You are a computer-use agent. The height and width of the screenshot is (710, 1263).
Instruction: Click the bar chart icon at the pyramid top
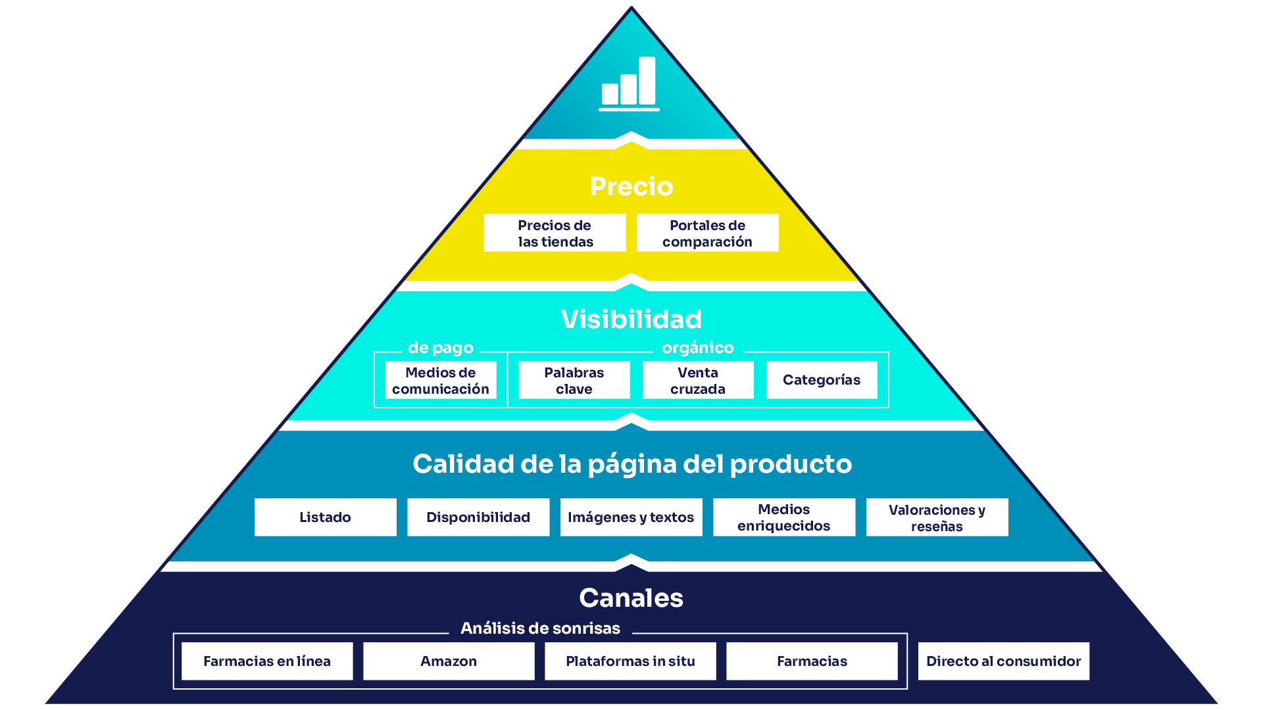(629, 83)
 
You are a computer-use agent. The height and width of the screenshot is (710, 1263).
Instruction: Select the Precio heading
(631, 187)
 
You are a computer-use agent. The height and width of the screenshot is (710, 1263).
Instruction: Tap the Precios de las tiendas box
(555, 233)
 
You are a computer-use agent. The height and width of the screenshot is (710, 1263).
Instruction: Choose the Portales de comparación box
(707, 233)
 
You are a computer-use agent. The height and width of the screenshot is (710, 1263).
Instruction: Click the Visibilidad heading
(631, 319)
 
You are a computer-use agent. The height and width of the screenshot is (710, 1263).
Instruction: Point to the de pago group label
(440, 348)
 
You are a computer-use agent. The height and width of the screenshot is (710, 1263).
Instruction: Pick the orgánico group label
(697, 348)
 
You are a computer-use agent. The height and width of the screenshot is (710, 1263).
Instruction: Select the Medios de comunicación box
(440, 380)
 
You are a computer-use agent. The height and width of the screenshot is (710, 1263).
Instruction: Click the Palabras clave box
(574, 380)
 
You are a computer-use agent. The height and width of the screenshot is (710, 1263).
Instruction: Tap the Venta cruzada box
(697, 380)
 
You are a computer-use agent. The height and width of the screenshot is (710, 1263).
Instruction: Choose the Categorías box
(821, 380)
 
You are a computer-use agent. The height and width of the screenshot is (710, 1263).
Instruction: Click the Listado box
(325, 517)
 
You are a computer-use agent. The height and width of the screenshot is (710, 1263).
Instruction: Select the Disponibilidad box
(478, 517)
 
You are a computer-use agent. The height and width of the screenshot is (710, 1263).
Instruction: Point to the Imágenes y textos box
(631, 517)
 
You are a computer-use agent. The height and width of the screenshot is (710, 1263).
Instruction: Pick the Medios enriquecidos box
(783, 517)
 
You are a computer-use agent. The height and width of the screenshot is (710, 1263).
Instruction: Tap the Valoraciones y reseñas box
(937, 517)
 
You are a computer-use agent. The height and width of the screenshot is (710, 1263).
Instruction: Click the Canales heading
(631, 598)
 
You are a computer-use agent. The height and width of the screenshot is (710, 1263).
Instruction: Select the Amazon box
(449, 661)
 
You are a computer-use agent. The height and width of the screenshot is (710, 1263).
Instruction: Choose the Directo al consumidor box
(1003, 661)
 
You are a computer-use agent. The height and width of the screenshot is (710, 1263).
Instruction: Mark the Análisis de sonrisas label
(540, 628)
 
